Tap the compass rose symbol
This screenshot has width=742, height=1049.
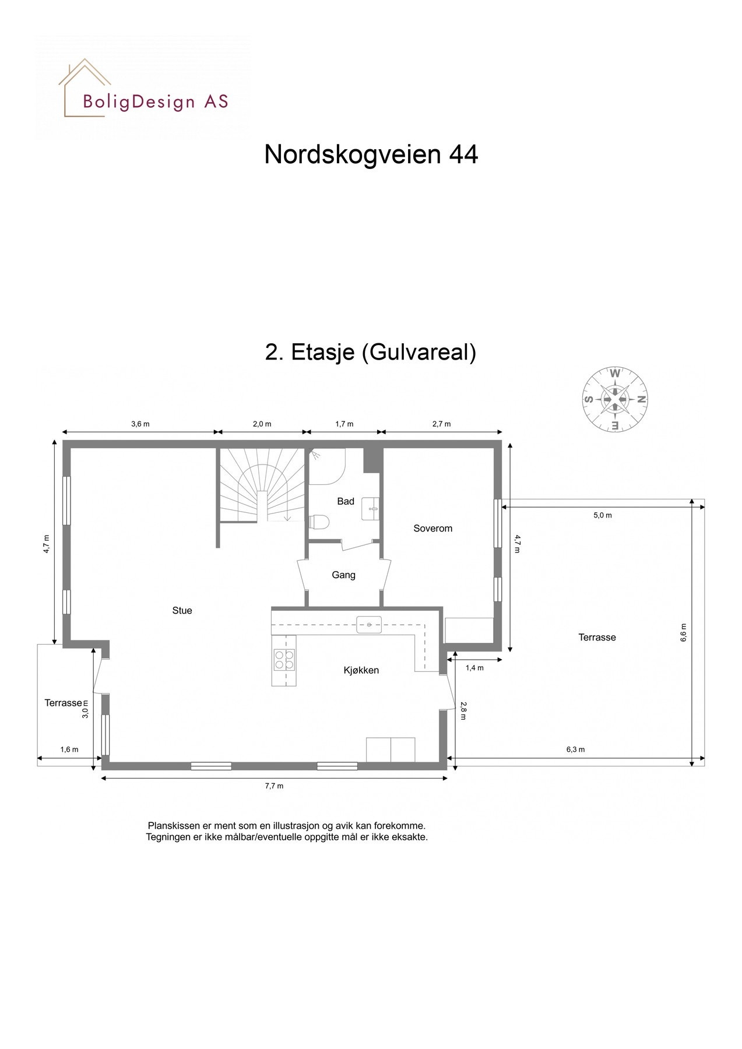(x=616, y=399)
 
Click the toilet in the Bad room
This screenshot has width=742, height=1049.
(x=319, y=521)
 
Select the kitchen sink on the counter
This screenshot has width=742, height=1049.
(x=369, y=624)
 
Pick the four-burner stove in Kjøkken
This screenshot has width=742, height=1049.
(x=284, y=659)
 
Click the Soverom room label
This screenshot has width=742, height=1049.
(x=432, y=529)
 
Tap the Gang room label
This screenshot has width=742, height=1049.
(x=343, y=575)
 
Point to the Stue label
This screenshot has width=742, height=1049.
(x=182, y=611)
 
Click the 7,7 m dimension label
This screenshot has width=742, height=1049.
(x=274, y=786)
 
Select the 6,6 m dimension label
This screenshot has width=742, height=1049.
(x=683, y=632)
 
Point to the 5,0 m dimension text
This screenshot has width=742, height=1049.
(x=603, y=515)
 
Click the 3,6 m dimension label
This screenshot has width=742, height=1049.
(x=140, y=424)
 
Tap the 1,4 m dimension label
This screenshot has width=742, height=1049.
(x=474, y=668)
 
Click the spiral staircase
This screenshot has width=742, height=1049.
(x=263, y=487)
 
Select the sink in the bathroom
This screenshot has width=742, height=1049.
(x=371, y=508)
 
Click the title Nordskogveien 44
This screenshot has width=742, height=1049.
(x=371, y=154)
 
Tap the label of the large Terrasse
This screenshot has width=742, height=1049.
(x=597, y=638)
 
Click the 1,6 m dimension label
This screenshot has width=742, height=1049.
(x=69, y=749)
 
